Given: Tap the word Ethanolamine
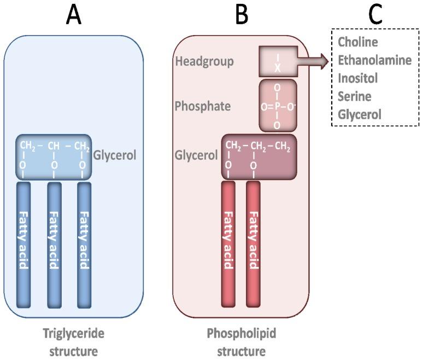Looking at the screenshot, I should pyautogui.click(x=374, y=60).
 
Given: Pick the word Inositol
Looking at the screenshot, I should pyautogui.click(x=357, y=78).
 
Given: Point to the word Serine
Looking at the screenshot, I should pyautogui.click(x=354, y=96).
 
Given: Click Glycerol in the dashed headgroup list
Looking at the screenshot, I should pyautogui.click(x=359, y=114).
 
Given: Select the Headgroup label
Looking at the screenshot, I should pyautogui.click(x=204, y=61).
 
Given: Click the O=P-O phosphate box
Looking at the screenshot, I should pyautogui.click(x=278, y=105).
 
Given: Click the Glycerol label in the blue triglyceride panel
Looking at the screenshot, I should pyautogui.click(x=114, y=155).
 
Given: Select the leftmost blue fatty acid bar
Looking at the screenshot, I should pyautogui.click(x=23, y=243).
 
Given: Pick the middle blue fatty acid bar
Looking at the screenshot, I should pyautogui.click(x=54, y=243).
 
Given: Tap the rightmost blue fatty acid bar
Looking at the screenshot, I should pyautogui.click(x=84, y=243).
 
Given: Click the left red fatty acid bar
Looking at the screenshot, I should pyautogui.click(x=228, y=243).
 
